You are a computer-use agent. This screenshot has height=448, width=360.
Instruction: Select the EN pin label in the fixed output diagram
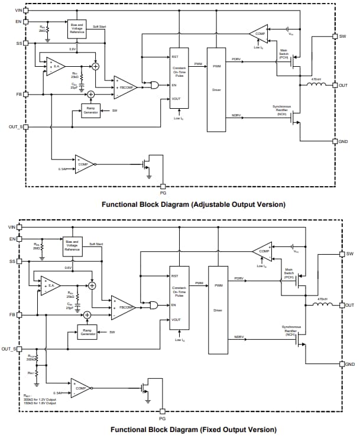[x=12, y=239]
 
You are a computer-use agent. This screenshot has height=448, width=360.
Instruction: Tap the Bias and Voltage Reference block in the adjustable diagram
[x=77, y=28]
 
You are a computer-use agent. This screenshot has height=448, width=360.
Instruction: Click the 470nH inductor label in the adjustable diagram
[x=316, y=79]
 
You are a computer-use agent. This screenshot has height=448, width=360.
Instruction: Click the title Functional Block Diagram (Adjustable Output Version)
[x=193, y=204]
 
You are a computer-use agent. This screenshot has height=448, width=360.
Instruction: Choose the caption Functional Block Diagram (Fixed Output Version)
[x=193, y=429]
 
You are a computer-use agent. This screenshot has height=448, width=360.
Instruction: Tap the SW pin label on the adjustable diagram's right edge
[x=342, y=37]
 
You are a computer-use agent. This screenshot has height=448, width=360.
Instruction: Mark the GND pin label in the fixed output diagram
[x=350, y=364]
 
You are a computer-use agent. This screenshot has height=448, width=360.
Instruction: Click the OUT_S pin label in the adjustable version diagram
[x=15, y=126]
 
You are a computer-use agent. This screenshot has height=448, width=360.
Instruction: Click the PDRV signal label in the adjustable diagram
[x=236, y=59]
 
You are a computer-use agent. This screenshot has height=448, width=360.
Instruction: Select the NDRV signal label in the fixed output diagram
[x=239, y=337]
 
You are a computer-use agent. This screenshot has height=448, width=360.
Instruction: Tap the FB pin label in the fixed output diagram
[x=12, y=314]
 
